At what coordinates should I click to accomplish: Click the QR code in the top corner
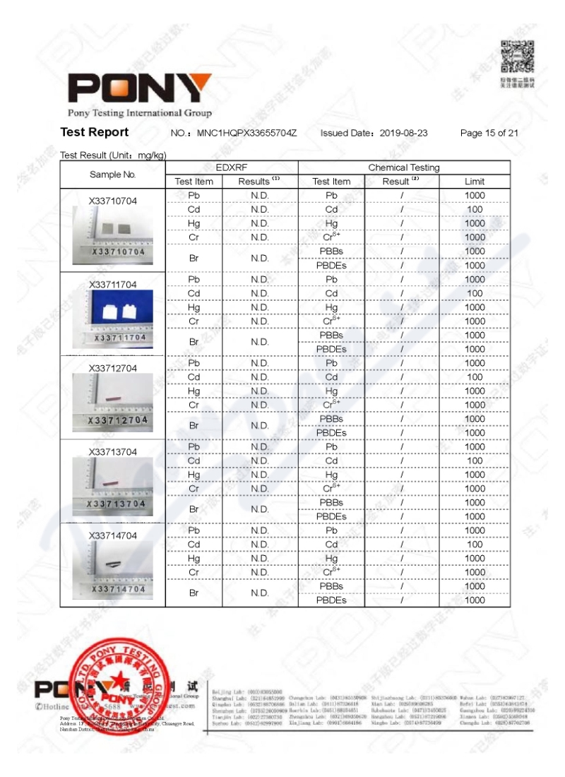pos(517,56)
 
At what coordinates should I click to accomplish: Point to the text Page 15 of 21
pos(489,133)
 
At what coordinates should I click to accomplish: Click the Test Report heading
pos(95,132)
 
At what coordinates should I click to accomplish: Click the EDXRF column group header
pos(232,167)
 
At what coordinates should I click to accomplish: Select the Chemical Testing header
pos(403,167)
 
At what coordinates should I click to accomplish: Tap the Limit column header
pos(474,182)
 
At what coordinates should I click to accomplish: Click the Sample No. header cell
pos(113,174)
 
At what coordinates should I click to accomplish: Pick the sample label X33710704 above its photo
pos(113,201)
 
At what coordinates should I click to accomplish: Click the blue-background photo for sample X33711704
pos(113,312)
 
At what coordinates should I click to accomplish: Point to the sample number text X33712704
pos(113,368)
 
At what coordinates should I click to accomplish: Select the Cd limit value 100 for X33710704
pos(474,209)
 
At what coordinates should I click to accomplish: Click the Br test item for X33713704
pos(194,509)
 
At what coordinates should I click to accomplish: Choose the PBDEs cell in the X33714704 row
pos(331,600)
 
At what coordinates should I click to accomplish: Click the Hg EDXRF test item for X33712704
pos(194,391)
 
